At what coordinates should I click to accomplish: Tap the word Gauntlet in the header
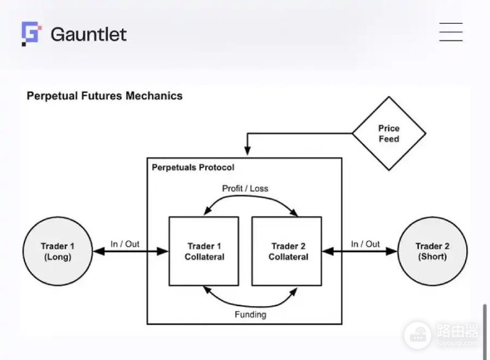[89, 34]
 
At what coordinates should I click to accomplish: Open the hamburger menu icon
[451, 32]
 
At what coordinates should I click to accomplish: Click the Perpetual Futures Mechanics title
[105, 96]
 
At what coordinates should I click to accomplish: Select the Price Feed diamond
[389, 133]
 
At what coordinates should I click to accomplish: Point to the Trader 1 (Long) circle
[58, 251]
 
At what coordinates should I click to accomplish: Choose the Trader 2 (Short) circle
[432, 251]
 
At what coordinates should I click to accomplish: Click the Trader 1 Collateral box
[204, 251]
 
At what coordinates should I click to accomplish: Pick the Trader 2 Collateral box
[287, 251]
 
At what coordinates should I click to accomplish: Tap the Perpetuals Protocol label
[193, 168]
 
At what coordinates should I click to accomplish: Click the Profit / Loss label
[245, 189]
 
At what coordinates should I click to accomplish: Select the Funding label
[251, 314]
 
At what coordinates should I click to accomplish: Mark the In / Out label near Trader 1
[125, 244]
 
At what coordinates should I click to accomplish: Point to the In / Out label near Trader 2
[365, 244]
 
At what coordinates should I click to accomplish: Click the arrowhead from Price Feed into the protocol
[247, 151]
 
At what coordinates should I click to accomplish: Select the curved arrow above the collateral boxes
[250, 197]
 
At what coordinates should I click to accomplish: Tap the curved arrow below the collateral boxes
[250, 306]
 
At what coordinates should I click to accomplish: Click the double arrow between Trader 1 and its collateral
[131, 251]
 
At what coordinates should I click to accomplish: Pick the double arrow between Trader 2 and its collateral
[360, 251]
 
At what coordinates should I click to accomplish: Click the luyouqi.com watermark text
[458, 343]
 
